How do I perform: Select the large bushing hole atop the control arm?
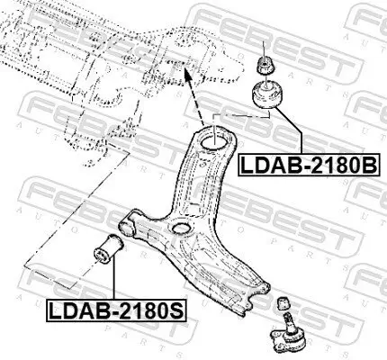[x=216, y=141]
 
